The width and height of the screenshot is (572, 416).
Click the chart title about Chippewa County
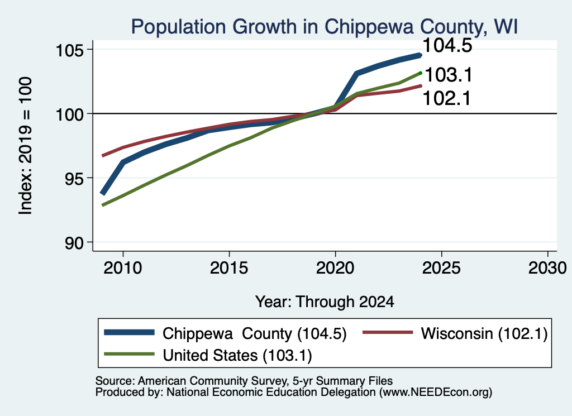[x=325, y=27]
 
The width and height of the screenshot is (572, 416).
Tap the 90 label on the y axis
[x=74, y=243]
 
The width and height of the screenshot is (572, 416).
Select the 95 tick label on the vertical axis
[x=74, y=179]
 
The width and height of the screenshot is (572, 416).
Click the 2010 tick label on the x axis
[x=123, y=268]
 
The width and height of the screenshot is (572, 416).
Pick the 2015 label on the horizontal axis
[x=229, y=268]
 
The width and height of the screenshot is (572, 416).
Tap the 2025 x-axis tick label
[x=441, y=268]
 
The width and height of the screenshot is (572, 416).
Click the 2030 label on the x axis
[x=547, y=268]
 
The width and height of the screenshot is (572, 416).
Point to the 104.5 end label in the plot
[x=447, y=46]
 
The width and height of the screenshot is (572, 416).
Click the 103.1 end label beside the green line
[x=449, y=75]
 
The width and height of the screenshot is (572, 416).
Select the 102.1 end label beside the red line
[x=447, y=98]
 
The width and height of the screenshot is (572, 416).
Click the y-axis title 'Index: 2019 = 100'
[x=26, y=146]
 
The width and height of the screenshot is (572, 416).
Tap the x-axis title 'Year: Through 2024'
[x=325, y=302]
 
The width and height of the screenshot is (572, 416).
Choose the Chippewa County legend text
[x=255, y=333]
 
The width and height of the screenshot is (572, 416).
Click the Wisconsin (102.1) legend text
[x=484, y=333]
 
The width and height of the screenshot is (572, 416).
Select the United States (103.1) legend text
[x=237, y=356]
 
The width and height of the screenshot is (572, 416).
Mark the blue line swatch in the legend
[x=129, y=332]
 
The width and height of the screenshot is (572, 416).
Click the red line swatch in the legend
[x=388, y=332]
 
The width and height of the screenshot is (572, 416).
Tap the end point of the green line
[x=421, y=73]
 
